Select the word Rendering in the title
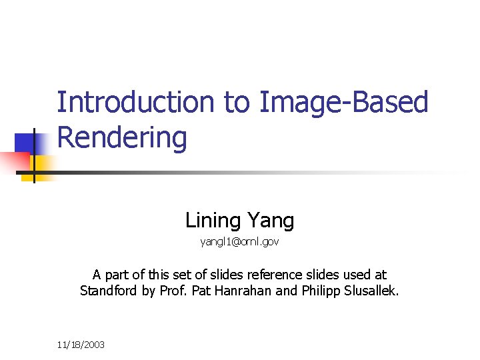[x=122, y=138]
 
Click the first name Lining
[x=213, y=219]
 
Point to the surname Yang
[x=270, y=220]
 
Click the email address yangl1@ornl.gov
[x=239, y=242]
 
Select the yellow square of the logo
[x=43, y=163]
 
